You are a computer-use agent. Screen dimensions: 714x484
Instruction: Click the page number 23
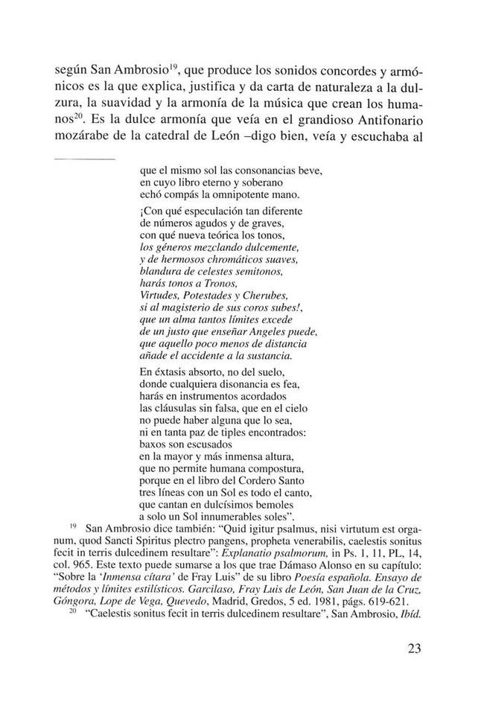tap(415, 647)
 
